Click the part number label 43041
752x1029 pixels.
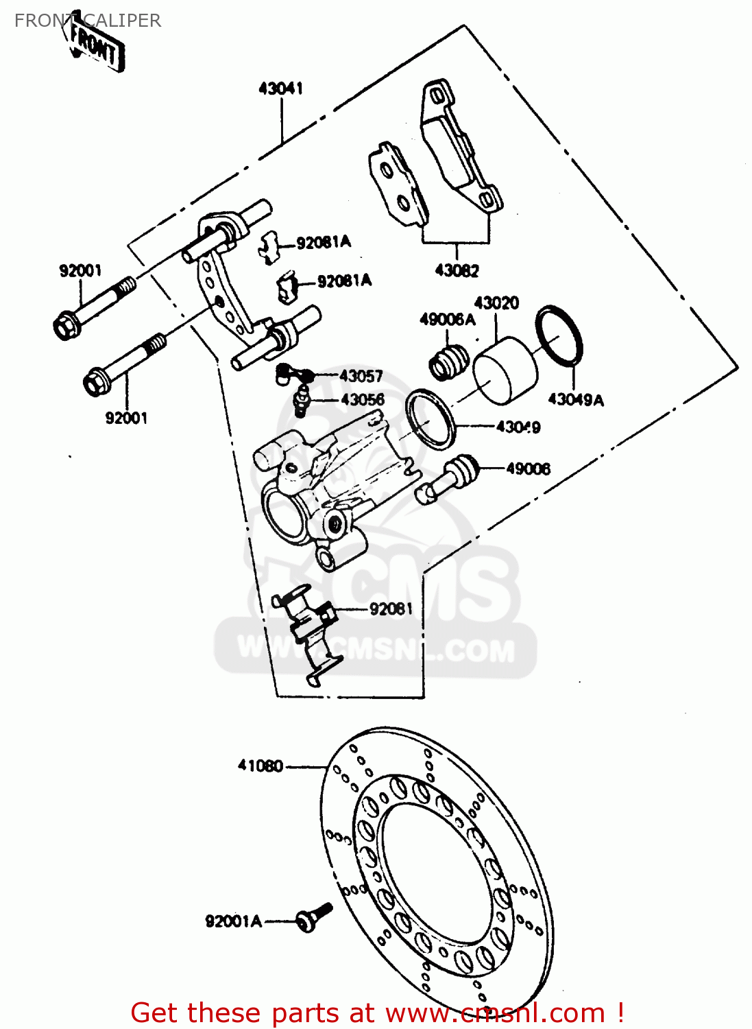pos(280,88)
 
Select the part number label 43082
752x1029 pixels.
pos(457,271)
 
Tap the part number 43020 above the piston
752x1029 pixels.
pos(496,303)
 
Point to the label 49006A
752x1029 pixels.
pos(447,320)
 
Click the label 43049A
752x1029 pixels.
pos(576,400)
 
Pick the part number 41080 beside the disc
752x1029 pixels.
pos(260,766)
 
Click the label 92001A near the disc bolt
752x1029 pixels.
pos(233,921)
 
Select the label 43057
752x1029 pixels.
pos(361,376)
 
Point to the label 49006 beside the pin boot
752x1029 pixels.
pos(528,469)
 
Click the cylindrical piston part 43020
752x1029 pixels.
pos(506,370)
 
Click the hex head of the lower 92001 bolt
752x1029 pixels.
pos(95,382)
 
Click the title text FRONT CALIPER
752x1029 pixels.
pos(88,21)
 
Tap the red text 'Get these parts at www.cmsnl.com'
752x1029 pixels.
pos(377,1013)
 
